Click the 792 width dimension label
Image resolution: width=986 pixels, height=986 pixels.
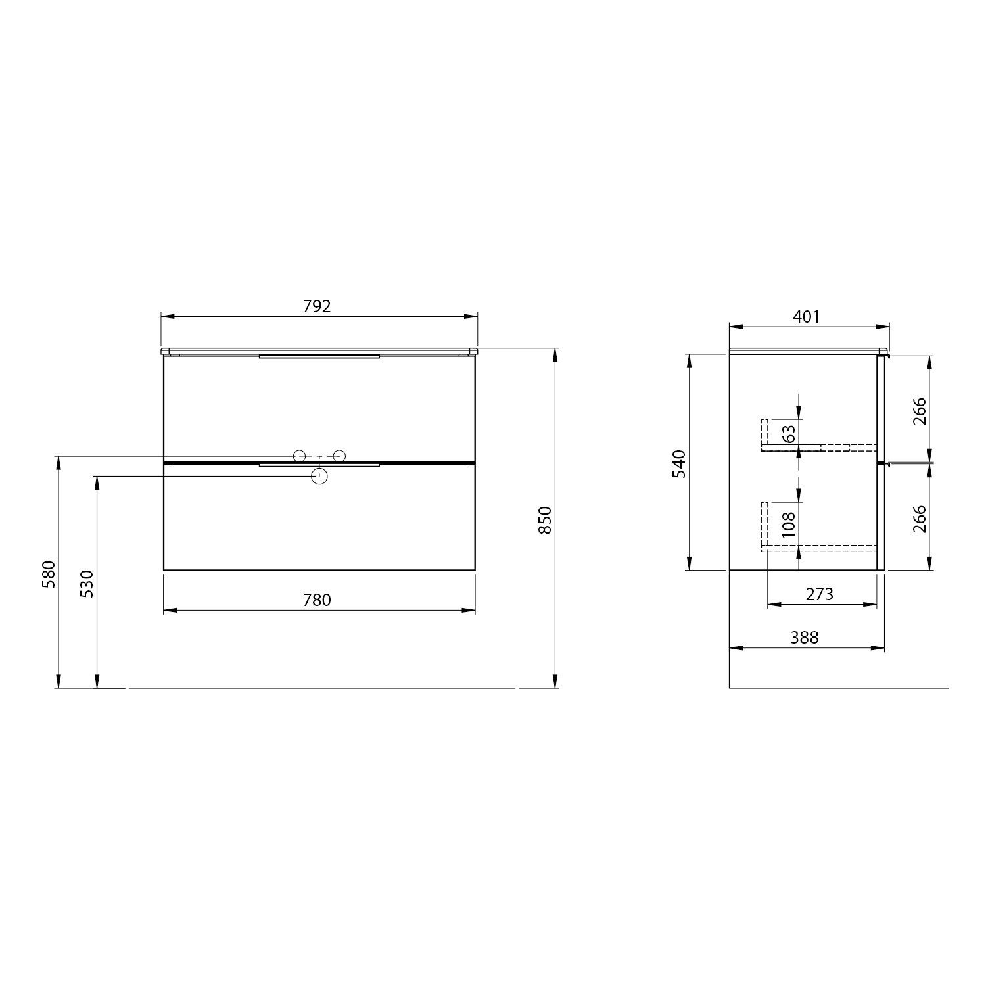pos(317,306)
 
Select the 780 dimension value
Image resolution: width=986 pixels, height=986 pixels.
pos(317,599)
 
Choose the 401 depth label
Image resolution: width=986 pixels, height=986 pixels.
pos(807,317)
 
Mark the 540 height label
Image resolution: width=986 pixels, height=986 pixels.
pos(680,463)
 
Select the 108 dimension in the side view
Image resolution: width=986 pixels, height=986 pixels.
pos(789,525)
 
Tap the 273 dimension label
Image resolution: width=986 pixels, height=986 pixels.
pos(819,594)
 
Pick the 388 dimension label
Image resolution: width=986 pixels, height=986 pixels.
pos(805,637)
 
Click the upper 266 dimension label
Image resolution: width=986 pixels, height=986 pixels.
pos(920,411)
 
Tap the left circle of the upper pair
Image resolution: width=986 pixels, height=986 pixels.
pos(299,455)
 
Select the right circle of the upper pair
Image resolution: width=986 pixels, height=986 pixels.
pos(339,455)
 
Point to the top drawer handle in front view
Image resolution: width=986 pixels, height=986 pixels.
pos(319,356)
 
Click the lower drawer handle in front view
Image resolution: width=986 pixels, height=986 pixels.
pos(319,464)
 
